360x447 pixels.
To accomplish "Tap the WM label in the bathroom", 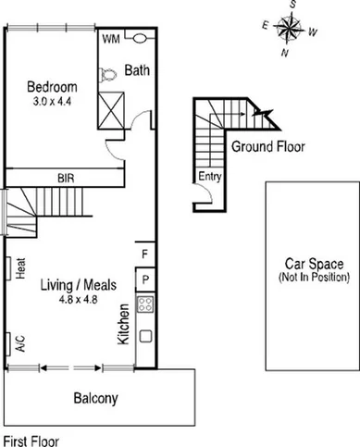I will click(x=111, y=40).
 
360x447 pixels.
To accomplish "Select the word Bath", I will click(x=138, y=69).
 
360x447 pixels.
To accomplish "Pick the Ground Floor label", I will click(x=267, y=146).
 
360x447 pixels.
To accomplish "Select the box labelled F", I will click(x=144, y=254).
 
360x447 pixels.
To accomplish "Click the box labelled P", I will click(x=144, y=279).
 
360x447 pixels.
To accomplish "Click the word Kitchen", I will click(x=123, y=327).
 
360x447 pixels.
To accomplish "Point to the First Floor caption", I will click(x=31, y=441).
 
